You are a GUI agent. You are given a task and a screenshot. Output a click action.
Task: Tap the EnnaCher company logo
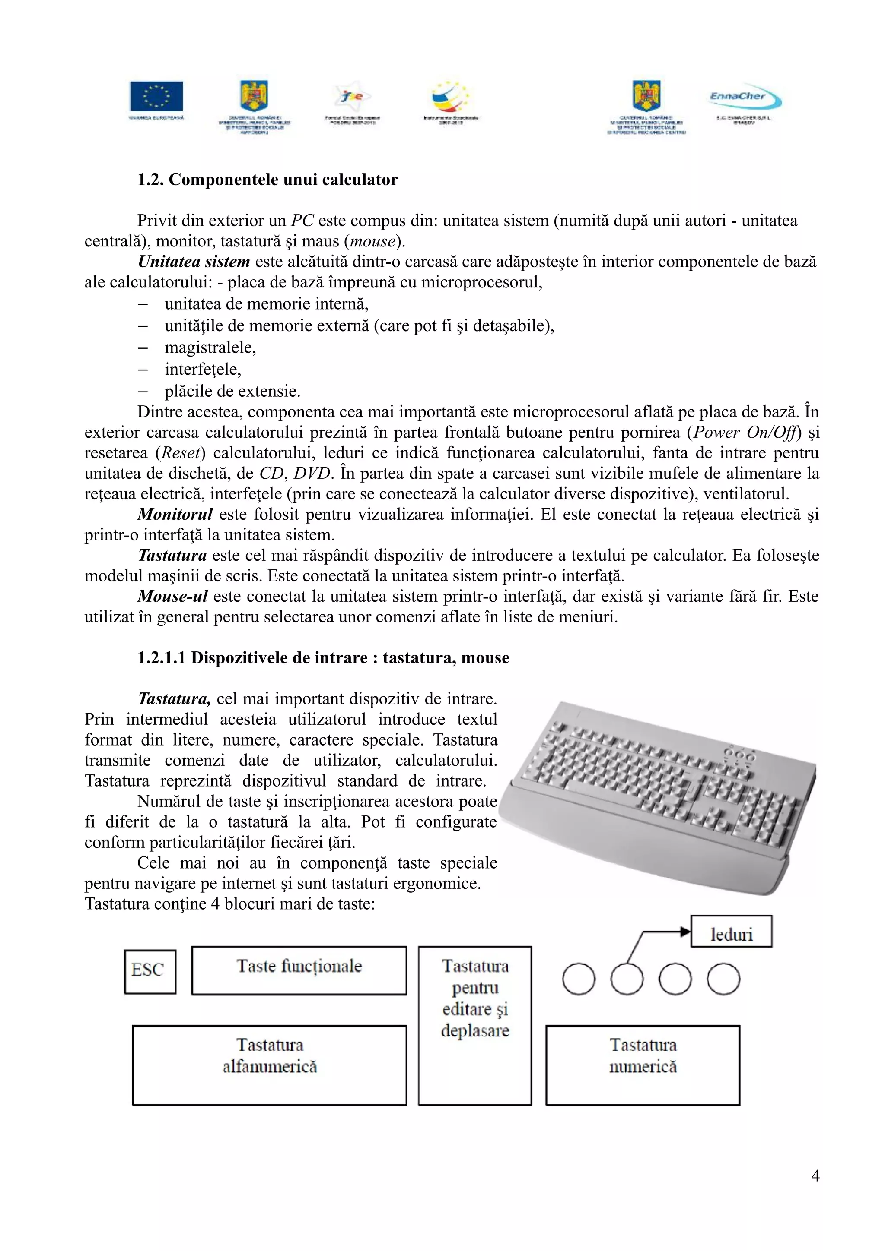745,98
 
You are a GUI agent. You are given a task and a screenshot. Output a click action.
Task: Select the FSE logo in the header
352,97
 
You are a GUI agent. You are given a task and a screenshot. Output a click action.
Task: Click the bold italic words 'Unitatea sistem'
194,262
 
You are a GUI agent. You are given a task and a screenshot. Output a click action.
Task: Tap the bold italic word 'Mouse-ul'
172,596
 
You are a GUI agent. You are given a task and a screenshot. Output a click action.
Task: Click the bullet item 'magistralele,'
210,347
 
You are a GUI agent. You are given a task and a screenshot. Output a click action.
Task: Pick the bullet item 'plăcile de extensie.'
232,391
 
